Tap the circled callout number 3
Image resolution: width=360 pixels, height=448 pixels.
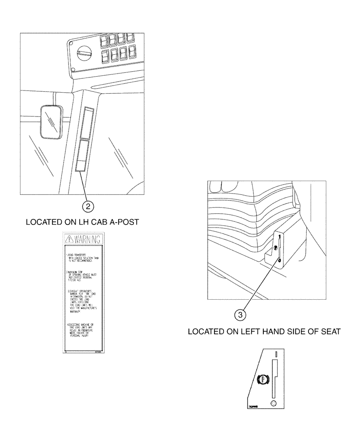pyautogui.click(x=241, y=315)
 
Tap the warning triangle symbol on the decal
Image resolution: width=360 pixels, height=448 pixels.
pyautogui.click(x=69, y=238)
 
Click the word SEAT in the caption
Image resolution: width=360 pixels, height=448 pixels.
pyautogui.click(x=330, y=332)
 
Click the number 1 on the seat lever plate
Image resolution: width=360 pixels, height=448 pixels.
pyautogui.click(x=279, y=236)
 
